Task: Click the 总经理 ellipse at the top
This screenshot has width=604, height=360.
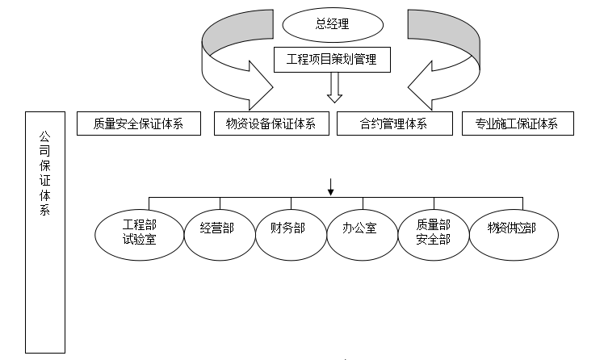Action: pyautogui.click(x=332, y=24)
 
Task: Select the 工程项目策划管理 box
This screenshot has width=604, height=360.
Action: pyautogui.click(x=332, y=59)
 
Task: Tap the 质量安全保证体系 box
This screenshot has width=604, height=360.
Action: pyautogui.click(x=137, y=123)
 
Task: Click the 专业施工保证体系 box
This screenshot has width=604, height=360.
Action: pyautogui.click(x=518, y=123)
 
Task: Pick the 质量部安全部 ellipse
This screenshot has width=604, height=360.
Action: pyautogui.click(x=433, y=230)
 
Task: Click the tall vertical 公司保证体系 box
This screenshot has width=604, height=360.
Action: pyautogui.click(x=45, y=234)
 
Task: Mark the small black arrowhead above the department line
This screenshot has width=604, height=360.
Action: pyautogui.click(x=331, y=190)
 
